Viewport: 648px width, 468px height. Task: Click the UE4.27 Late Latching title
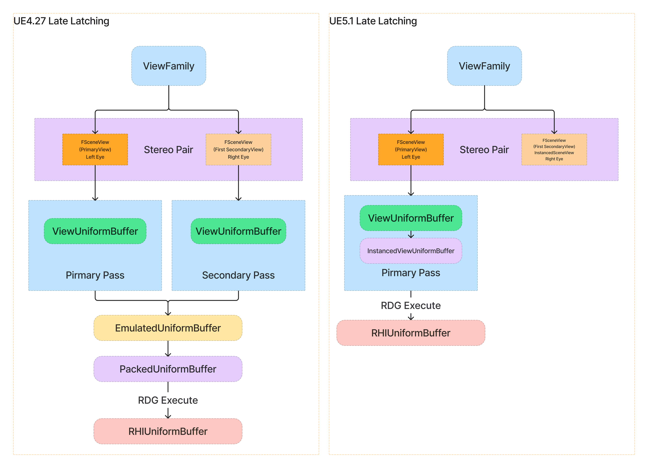(x=61, y=21)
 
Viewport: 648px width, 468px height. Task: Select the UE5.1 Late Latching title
(x=373, y=21)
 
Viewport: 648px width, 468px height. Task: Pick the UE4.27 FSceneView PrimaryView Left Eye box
(x=95, y=149)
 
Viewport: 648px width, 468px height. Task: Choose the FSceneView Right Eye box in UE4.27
(x=238, y=149)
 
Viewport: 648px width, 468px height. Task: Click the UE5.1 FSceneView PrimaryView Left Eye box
(x=411, y=149)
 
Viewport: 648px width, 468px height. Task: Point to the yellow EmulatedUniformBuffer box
(x=168, y=328)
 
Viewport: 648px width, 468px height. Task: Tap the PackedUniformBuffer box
(x=168, y=369)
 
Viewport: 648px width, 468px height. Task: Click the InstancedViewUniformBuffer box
(x=411, y=251)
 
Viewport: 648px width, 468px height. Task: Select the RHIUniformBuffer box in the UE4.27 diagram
(x=168, y=431)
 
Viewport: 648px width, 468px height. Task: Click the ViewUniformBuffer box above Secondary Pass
(x=238, y=231)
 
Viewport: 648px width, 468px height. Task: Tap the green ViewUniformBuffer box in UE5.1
(x=411, y=218)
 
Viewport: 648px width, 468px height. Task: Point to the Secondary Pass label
(x=238, y=275)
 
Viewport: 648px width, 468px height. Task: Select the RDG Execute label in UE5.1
(x=411, y=306)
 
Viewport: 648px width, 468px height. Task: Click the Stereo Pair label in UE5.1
(x=484, y=149)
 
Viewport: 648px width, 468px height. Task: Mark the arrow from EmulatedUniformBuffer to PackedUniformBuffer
(x=168, y=349)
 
